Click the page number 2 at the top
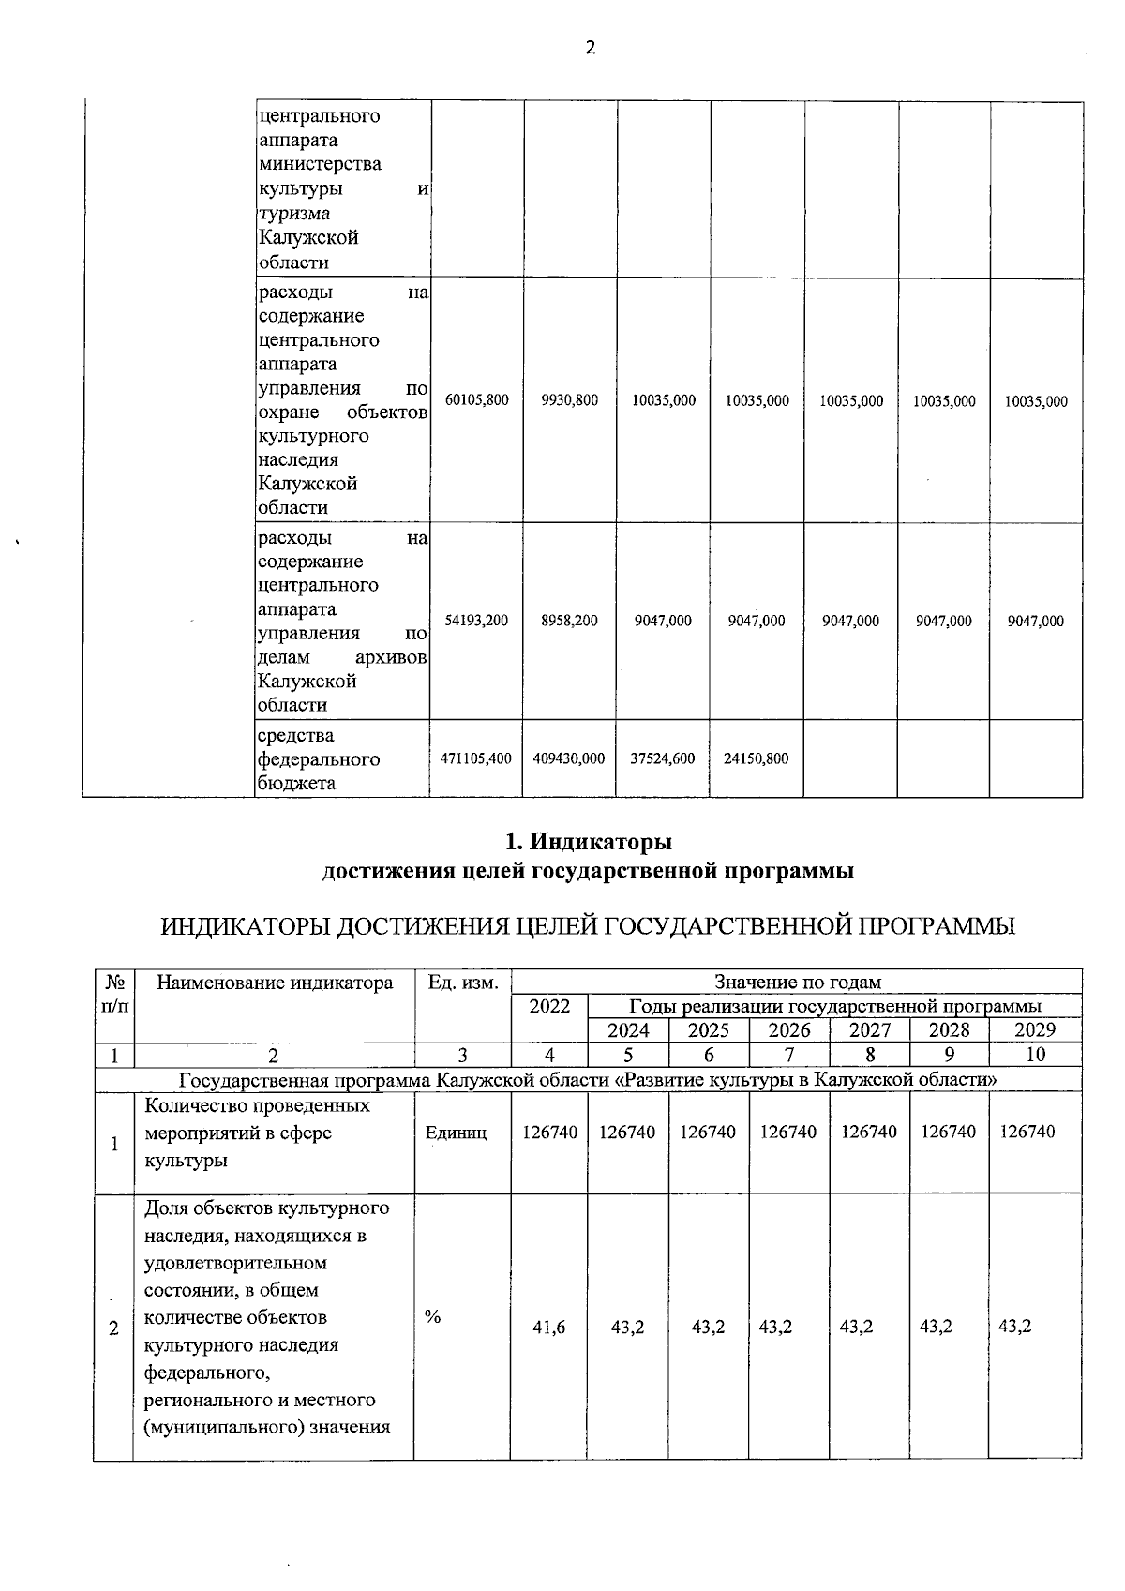(x=591, y=48)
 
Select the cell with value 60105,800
(x=477, y=400)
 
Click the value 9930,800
(x=570, y=400)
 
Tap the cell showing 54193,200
(x=477, y=621)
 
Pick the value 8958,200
(x=570, y=621)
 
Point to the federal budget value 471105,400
(x=476, y=758)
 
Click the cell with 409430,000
(x=569, y=758)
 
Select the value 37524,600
(x=663, y=758)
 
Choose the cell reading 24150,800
(x=757, y=758)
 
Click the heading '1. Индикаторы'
(x=588, y=841)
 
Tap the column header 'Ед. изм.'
(x=463, y=983)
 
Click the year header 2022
(x=549, y=1006)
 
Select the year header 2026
(x=789, y=1030)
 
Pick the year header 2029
(x=1035, y=1030)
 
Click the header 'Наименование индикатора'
(x=275, y=983)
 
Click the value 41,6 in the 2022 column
(x=549, y=1328)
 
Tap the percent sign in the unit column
(x=432, y=1316)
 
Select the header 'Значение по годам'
(x=798, y=983)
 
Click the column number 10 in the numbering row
(x=1035, y=1055)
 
